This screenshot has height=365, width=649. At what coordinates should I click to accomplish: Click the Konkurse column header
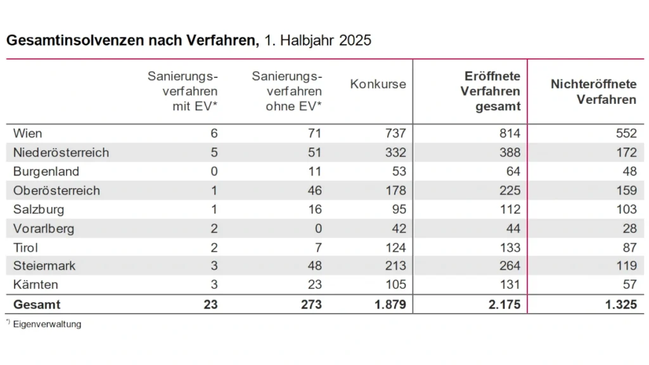coord(378,84)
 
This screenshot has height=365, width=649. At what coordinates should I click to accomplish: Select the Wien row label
coord(27,133)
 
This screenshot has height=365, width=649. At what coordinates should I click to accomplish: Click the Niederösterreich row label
coord(61,152)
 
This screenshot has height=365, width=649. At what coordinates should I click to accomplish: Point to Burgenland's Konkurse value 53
coord(399,171)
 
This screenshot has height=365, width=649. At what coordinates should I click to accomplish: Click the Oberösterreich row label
coord(56,190)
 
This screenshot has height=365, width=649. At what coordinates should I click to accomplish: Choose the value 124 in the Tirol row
coord(395,247)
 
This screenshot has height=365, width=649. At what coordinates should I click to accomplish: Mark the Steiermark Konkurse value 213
coord(395,266)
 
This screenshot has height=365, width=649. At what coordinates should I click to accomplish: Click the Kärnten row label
coord(35,285)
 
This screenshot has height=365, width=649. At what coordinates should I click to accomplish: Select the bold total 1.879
coord(390,305)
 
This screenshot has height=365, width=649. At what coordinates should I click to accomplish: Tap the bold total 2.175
coord(505,305)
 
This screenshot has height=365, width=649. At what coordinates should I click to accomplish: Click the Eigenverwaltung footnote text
coord(47,324)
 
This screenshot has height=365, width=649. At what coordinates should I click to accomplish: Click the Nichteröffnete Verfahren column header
coord(593,92)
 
